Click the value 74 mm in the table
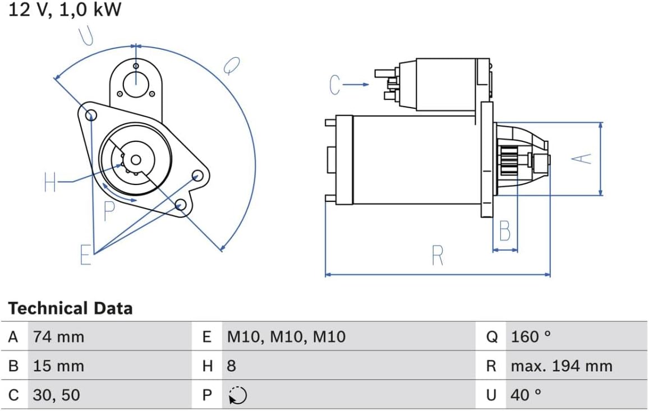coord(58,336)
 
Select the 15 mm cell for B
coord(58,366)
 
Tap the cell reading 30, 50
coord(56,395)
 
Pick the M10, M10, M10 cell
coord(286,336)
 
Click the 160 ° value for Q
coord(531,336)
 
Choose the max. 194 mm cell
coord(561,366)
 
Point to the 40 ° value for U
coord(526,395)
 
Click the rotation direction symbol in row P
coord(237,396)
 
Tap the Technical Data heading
coord(70,308)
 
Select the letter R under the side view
coord(438,256)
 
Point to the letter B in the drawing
coord(505,231)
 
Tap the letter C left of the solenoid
coord(335,85)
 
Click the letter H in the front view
coord(50,182)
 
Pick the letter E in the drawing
coord(85,255)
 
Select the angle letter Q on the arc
coord(229,66)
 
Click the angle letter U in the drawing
coord(86,36)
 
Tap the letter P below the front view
coord(109,211)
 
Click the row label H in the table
coord(208,366)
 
